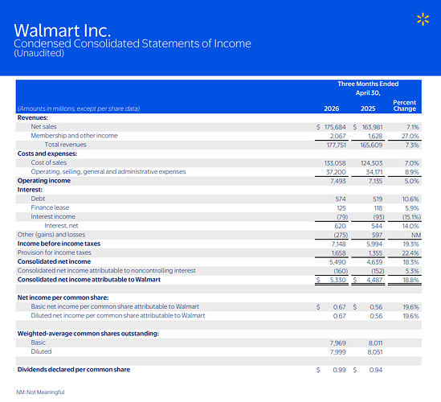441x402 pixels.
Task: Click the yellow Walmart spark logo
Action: (x=423, y=19)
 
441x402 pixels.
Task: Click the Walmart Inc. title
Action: (x=62, y=31)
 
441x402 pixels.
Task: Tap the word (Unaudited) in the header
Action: (x=39, y=53)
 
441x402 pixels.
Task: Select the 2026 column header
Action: (x=331, y=109)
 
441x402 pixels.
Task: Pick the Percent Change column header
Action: (x=404, y=105)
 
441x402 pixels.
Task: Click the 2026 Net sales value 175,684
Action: (x=335, y=127)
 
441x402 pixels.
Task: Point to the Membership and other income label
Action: (x=74, y=136)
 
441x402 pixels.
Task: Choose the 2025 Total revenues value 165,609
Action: (x=371, y=146)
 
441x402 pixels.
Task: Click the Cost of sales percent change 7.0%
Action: (x=411, y=163)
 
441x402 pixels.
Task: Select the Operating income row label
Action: (x=44, y=181)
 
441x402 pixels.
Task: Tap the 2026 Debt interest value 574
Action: (x=341, y=199)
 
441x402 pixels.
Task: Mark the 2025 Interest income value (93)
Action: (x=378, y=217)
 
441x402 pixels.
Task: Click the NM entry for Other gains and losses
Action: (x=416, y=235)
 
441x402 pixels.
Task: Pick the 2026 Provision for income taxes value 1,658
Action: (x=338, y=253)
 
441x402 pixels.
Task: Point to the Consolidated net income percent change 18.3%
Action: (x=411, y=262)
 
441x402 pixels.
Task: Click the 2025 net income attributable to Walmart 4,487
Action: (x=374, y=280)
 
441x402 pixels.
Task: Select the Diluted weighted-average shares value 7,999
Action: (x=338, y=352)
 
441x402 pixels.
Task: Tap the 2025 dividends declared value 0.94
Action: (x=376, y=370)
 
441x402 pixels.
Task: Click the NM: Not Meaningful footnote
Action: (x=40, y=392)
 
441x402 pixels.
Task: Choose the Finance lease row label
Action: (x=50, y=207)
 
